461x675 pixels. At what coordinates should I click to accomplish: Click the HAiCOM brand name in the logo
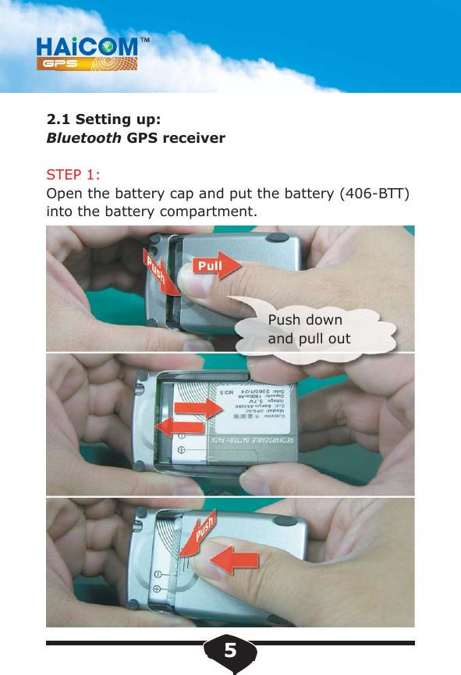pyautogui.click(x=86, y=46)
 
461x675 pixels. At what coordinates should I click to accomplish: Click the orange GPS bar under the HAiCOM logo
pyautogui.click(x=86, y=65)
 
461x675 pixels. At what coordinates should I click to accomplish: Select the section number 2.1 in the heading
pyautogui.click(x=57, y=119)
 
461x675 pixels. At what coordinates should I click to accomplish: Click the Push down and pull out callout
pyautogui.click(x=309, y=329)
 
